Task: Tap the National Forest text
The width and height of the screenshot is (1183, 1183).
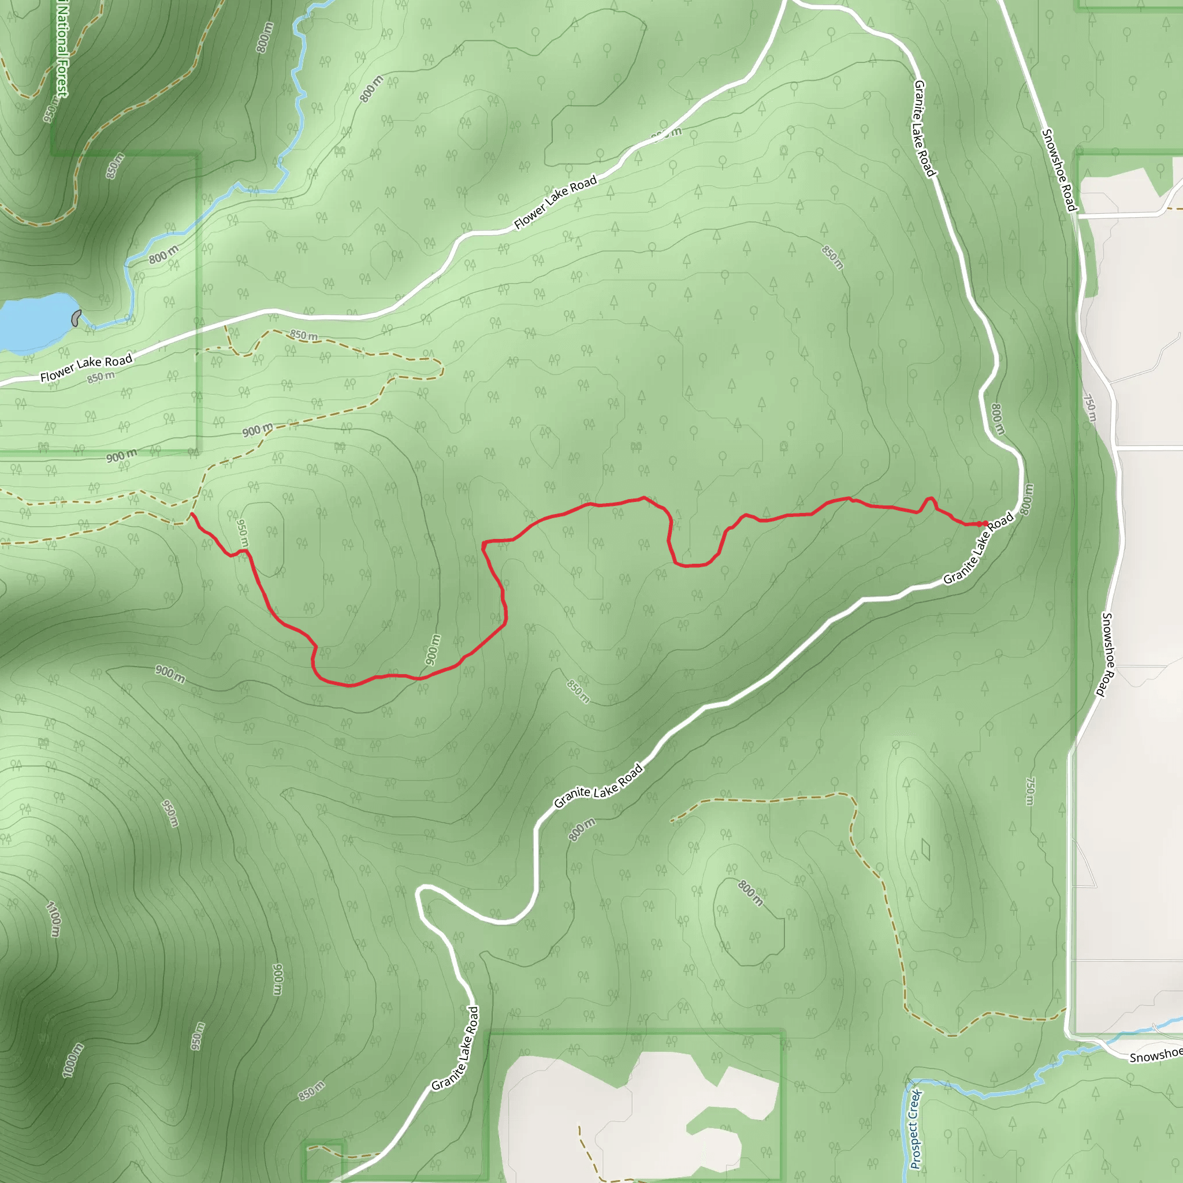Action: click(x=62, y=49)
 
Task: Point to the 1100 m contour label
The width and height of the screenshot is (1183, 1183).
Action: click(x=54, y=918)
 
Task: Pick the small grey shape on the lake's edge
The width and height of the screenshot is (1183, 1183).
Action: click(x=76, y=317)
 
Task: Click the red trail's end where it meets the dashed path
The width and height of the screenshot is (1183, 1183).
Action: click(x=192, y=514)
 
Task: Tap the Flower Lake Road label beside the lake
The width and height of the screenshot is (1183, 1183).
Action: click(x=86, y=368)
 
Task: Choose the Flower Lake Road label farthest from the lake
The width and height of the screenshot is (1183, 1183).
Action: click(x=555, y=202)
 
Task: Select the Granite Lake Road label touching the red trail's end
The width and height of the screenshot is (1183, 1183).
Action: click(x=978, y=548)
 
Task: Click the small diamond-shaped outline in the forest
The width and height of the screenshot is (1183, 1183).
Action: click(x=925, y=849)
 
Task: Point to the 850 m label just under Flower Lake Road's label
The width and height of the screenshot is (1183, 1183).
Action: click(x=101, y=377)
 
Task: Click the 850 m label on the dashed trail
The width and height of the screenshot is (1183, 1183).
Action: click(x=304, y=335)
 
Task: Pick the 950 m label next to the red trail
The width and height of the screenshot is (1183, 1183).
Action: click(x=243, y=533)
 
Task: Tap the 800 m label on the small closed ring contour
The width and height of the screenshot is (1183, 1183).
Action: click(x=750, y=894)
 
